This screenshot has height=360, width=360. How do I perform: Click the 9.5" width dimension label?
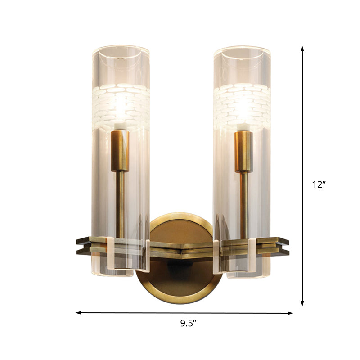184,322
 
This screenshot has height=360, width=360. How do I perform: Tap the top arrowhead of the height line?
302,48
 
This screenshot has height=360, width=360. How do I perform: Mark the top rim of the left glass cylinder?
121,47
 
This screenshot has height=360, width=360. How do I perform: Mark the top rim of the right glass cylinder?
242,47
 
